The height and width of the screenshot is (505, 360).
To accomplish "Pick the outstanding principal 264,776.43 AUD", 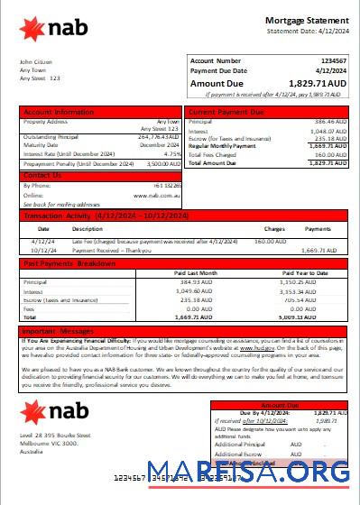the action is [160, 137].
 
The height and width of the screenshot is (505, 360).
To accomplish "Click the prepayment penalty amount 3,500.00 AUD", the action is [161, 164].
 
